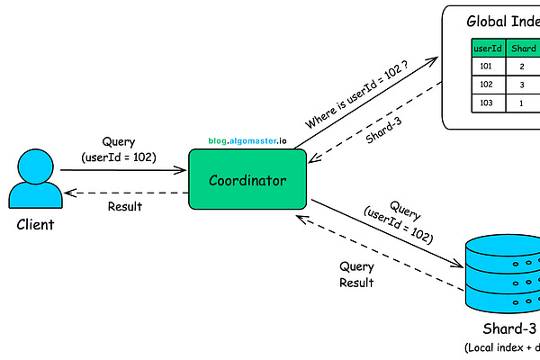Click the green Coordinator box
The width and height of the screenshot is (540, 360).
coord(247,180)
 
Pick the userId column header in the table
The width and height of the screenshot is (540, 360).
coord(487,49)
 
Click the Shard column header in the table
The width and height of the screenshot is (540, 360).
coord(523,49)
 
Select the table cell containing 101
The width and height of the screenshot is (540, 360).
coord(487,67)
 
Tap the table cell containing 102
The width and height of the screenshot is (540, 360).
coord(487,85)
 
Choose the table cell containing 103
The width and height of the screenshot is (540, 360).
coord(487,103)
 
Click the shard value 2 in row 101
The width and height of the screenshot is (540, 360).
coord(522,67)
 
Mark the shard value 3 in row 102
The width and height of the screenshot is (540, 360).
coord(522,85)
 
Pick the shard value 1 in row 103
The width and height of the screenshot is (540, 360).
coord(522,103)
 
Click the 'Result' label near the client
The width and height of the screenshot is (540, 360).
coord(124,206)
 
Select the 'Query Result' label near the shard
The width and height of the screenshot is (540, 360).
coord(356,274)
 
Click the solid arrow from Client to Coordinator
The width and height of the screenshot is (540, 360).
coord(124,169)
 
